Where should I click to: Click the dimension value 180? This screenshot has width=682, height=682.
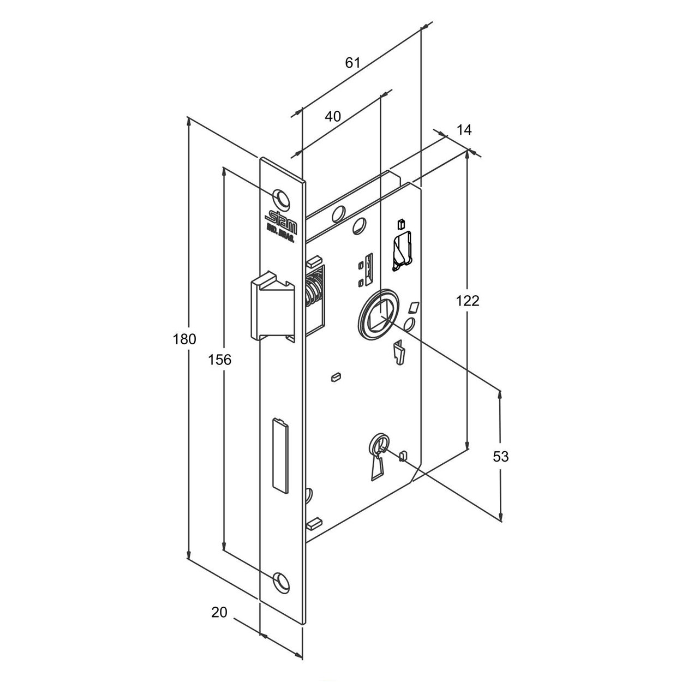184,339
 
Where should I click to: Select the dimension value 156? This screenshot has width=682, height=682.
220,359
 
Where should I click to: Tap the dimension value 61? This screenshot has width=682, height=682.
353,63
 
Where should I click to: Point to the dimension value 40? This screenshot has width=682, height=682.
333,116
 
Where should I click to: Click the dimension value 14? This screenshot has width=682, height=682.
464,130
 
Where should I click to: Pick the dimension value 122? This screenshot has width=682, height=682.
468,300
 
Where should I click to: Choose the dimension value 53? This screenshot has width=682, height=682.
500,456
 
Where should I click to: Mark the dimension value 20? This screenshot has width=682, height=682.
219,612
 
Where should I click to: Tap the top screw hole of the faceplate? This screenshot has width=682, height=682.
282,196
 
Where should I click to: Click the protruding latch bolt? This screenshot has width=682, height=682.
271,308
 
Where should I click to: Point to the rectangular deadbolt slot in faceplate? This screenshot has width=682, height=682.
280,454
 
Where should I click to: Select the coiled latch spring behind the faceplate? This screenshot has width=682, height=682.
312,292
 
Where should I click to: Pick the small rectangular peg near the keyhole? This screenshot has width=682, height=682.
403,455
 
